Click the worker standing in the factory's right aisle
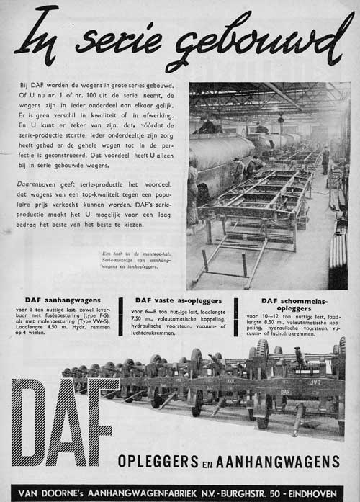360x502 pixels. pyautogui.click(x=325, y=159)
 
